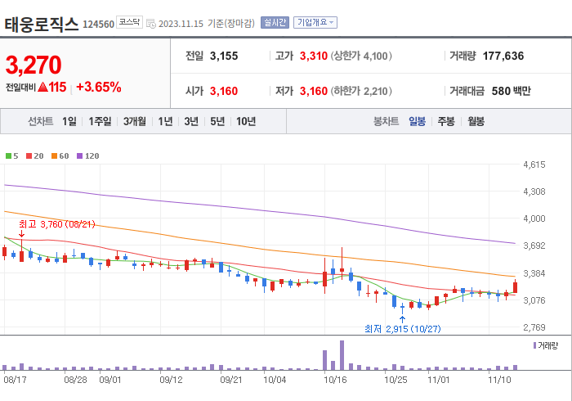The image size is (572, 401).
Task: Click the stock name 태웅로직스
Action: tap(42, 23)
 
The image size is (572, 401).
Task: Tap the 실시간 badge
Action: tap(274, 23)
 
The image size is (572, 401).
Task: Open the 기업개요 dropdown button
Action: tap(315, 23)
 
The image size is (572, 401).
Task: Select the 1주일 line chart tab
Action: tap(101, 121)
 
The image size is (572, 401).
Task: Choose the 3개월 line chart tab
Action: tap(135, 121)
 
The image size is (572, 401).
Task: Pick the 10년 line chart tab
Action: tap(245, 121)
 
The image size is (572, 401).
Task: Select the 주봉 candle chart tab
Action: tap(445, 121)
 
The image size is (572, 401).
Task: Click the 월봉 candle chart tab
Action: tap(475, 121)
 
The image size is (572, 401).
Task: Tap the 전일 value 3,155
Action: tap(224, 56)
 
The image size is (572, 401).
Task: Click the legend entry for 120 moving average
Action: tap(88, 155)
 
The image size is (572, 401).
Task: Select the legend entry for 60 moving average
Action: tap(62, 155)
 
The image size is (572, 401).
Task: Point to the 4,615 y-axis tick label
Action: tap(534, 164)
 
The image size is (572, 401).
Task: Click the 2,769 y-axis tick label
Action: tap(534, 327)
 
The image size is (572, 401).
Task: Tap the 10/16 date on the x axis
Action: tap(335, 380)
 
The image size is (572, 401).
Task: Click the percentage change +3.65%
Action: tap(98, 86)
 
